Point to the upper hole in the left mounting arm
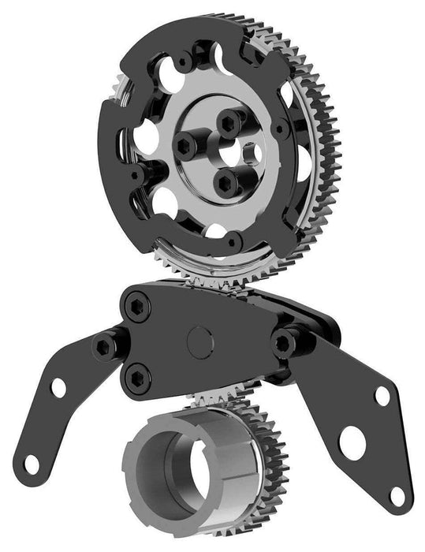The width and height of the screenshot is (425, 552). coord(58,387)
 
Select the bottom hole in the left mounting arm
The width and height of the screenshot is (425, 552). coord(31,464)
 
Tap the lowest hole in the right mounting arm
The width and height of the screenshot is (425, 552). coord(396,495)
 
